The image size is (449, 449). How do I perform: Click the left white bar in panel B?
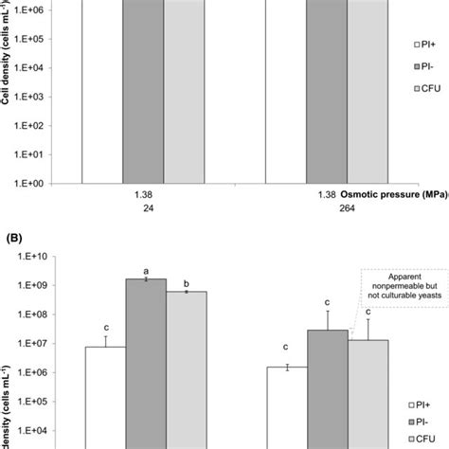[x=105, y=393]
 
